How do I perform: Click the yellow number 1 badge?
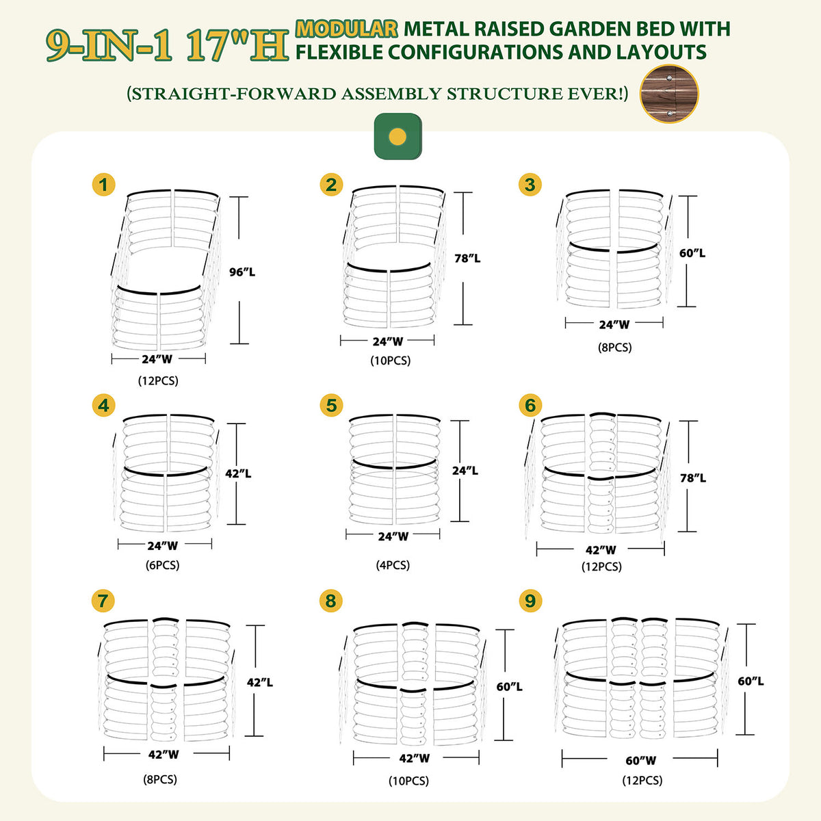click(x=103, y=185)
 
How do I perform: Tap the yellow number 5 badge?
click(x=331, y=406)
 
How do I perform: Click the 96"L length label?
click(x=242, y=272)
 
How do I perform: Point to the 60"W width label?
click(x=640, y=760)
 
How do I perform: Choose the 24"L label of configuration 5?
click(x=465, y=471)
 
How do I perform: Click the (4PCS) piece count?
click(x=393, y=565)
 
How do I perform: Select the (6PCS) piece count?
click(x=163, y=565)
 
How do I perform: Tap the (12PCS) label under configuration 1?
click(x=158, y=380)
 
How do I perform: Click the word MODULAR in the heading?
click(x=347, y=29)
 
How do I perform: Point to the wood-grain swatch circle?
click(x=669, y=94)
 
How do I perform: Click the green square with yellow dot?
click(x=398, y=136)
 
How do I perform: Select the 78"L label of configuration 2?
click(x=467, y=259)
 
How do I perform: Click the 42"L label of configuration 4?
click(x=238, y=473)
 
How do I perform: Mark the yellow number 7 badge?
click(x=103, y=601)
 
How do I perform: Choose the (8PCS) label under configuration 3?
click(x=615, y=348)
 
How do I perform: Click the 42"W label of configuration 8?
click(x=415, y=758)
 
